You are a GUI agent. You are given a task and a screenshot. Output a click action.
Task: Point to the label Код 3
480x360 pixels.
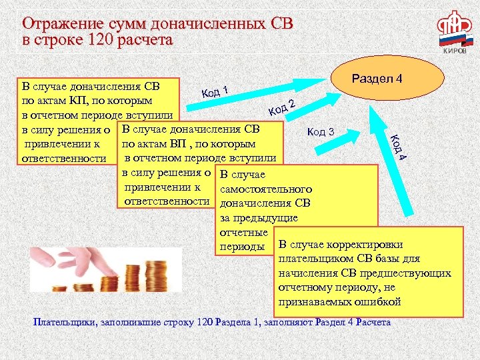(321, 131)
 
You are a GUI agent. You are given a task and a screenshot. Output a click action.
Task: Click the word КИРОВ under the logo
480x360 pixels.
(455, 51)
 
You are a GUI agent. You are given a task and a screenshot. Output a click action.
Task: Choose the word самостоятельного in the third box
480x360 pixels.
(266, 189)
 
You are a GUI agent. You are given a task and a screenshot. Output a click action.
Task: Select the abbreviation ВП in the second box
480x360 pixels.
(168, 143)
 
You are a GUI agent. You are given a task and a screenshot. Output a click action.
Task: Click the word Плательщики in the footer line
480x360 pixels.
(65, 323)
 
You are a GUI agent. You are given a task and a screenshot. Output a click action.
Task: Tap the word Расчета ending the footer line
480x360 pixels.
(373, 323)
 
